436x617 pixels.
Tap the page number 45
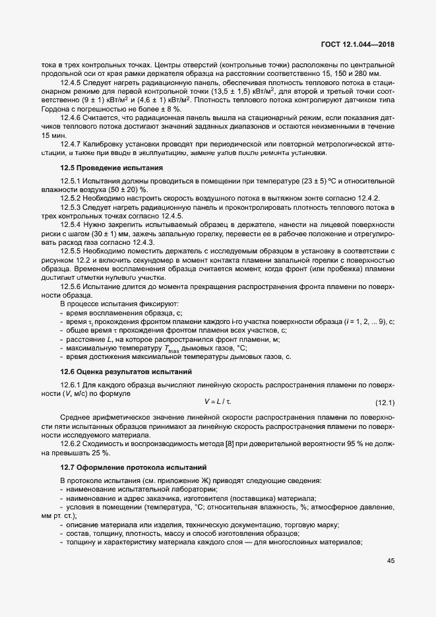tap(390, 561)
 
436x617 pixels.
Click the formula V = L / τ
tap(218, 402)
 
